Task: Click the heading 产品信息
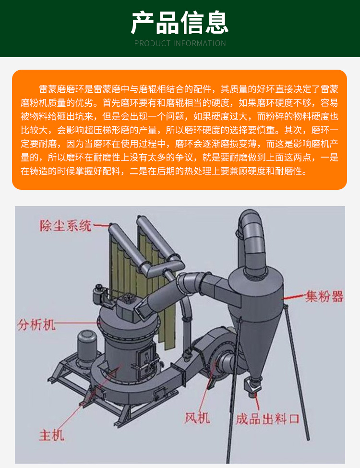point(180,23)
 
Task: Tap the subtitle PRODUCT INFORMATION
point(180,44)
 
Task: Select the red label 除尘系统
point(66,225)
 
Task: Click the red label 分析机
point(36,324)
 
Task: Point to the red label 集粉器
point(324,296)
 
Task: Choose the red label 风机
point(197,418)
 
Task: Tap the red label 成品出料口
point(267,419)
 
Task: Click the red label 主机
point(51,435)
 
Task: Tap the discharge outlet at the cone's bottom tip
point(252,386)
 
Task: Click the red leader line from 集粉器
point(294,296)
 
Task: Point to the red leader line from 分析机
point(78,323)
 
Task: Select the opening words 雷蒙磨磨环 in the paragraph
point(62,89)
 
